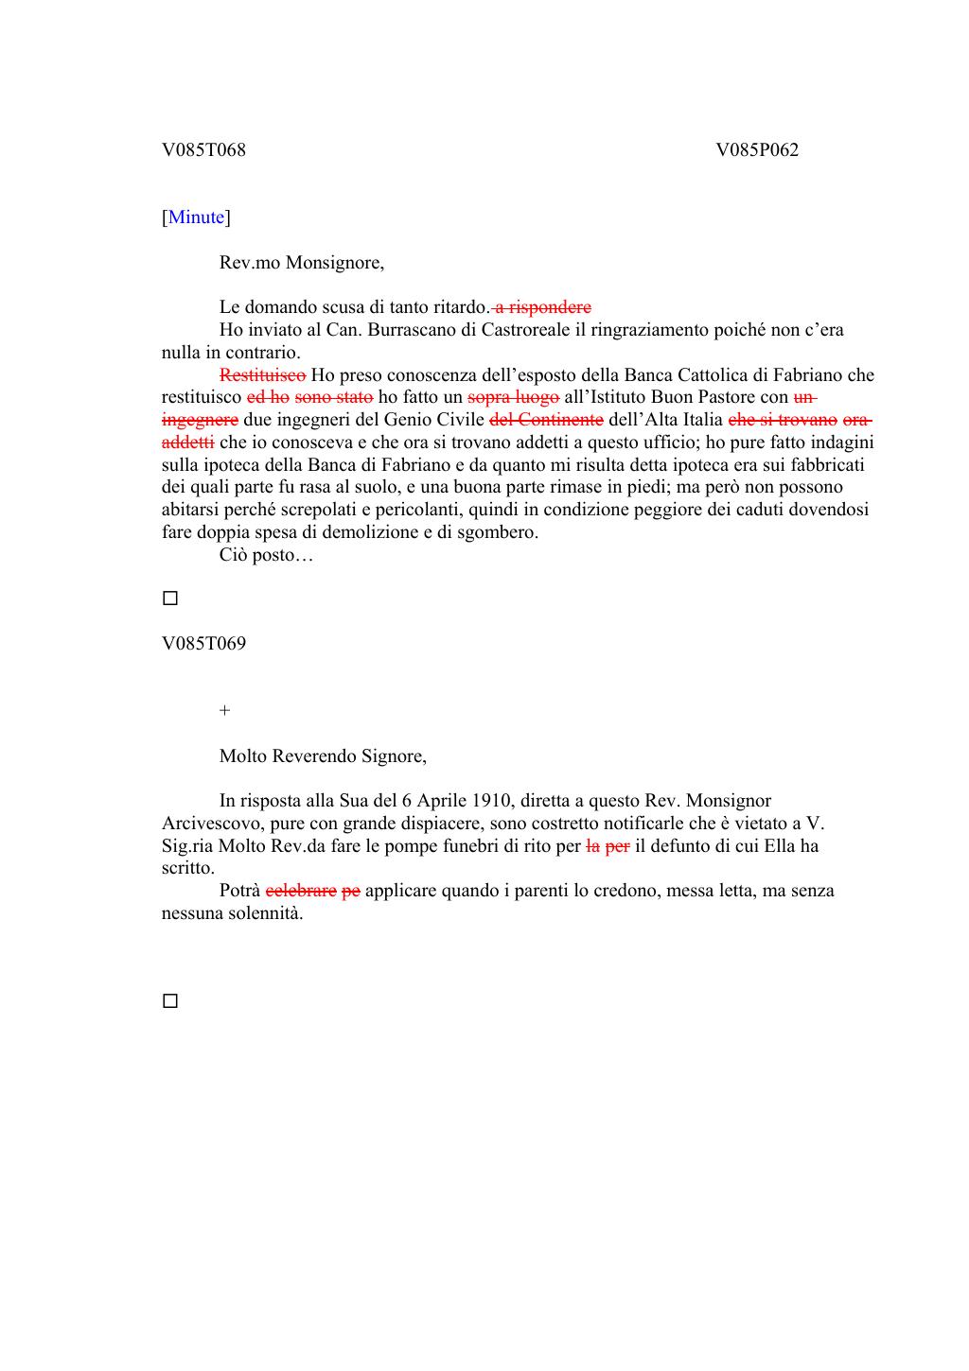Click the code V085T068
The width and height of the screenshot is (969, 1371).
(203, 149)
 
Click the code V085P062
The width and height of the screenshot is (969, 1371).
(757, 149)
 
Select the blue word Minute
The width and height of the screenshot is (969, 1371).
(197, 217)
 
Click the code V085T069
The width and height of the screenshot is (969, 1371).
(203, 644)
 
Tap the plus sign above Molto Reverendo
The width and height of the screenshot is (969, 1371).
(224, 711)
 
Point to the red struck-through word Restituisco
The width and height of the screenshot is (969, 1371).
(262, 375)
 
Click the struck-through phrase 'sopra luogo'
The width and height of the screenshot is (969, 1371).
(513, 397)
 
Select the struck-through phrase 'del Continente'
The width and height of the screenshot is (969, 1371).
(546, 420)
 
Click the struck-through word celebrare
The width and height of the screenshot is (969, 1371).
(301, 891)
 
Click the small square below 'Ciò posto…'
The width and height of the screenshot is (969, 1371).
(170, 599)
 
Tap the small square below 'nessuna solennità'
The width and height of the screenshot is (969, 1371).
(170, 1001)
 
